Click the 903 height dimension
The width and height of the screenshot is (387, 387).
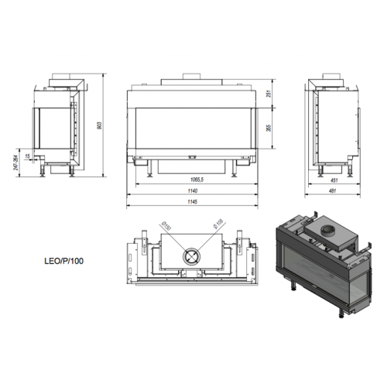coord(101,126)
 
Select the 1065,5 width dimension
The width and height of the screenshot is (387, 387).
coord(191,178)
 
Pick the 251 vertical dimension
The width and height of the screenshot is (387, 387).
coord(268,95)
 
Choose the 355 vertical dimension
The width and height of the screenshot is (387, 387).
coord(268,128)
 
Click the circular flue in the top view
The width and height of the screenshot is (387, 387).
coord(190,256)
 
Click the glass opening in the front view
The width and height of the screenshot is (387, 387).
coord(191,128)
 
